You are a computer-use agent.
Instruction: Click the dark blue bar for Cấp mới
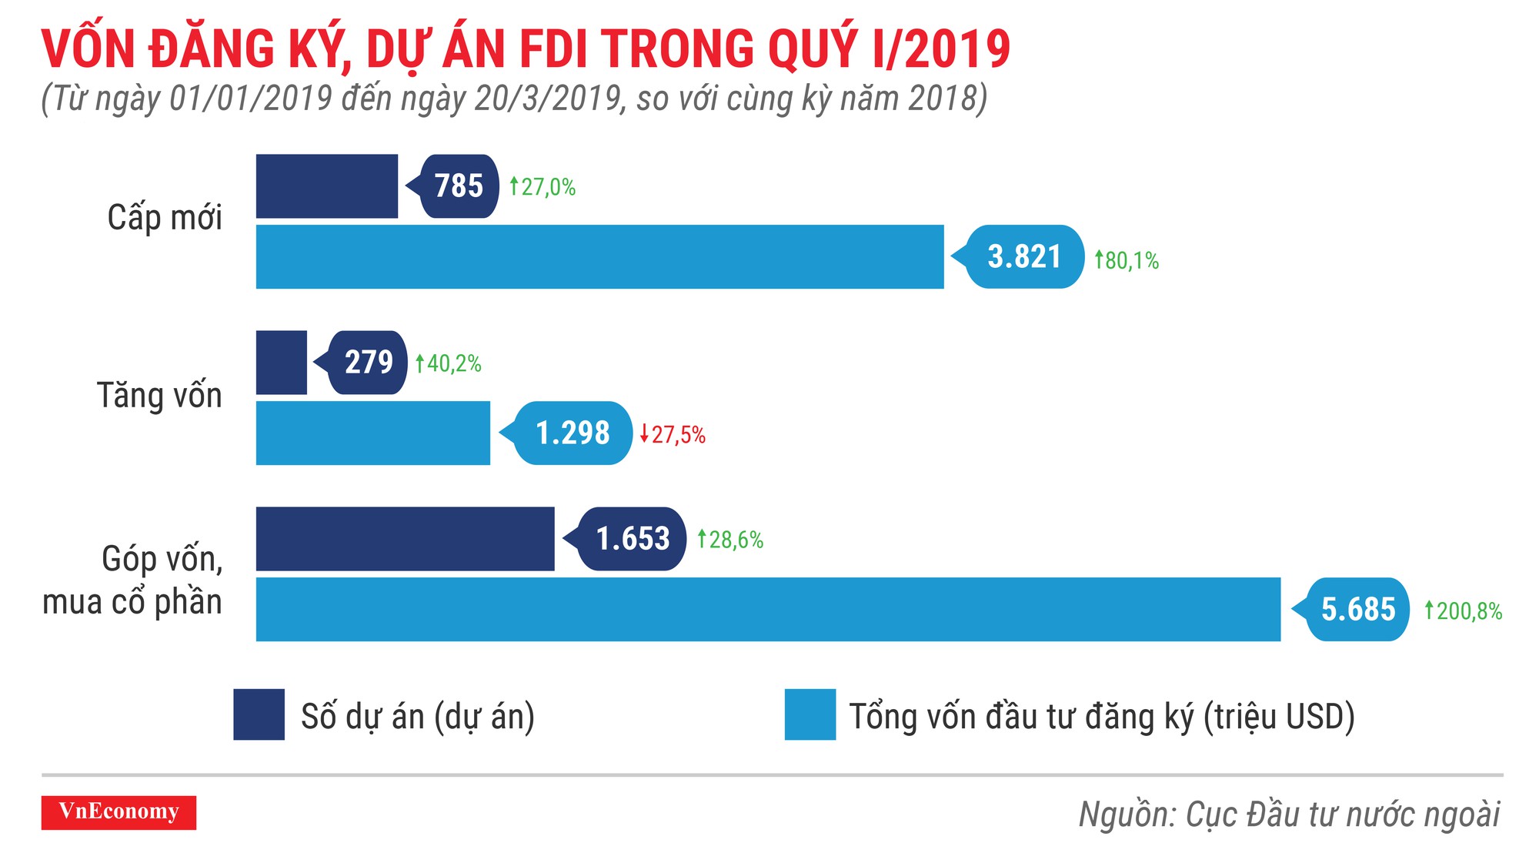click(x=326, y=186)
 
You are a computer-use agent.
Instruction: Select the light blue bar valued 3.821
click(x=599, y=256)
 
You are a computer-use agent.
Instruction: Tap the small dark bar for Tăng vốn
click(x=281, y=362)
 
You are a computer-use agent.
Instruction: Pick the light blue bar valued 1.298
click(x=372, y=433)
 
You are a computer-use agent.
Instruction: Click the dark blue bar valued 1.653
click(x=405, y=538)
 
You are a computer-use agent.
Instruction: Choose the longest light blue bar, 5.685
click(x=768, y=609)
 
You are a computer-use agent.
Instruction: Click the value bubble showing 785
click(x=459, y=186)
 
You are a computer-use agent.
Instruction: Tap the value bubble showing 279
click(x=368, y=362)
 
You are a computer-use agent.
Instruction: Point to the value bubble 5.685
click(x=1357, y=609)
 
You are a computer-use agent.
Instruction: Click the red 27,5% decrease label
click(x=673, y=434)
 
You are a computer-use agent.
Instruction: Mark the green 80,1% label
click(x=1127, y=260)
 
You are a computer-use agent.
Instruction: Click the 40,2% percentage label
click(x=449, y=363)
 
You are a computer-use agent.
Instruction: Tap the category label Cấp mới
click(x=165, y=217)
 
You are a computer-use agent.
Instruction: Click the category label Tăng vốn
click(x=159, y=395)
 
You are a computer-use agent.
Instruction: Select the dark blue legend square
click(x=259, y=714)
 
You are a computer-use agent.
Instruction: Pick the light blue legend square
click(x=810, y=714)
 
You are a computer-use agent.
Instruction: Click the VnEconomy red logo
click(x=119, y=812)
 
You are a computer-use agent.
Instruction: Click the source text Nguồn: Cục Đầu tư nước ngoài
click(x=1289, y=815)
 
